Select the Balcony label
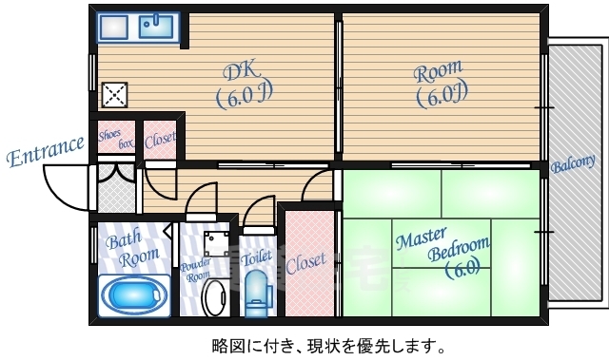point(573,166)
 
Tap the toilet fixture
point(257,294)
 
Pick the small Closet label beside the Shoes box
point(160,141)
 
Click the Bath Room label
point(127,248)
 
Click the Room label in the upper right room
point(438,70)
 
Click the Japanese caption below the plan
point(327,345)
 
